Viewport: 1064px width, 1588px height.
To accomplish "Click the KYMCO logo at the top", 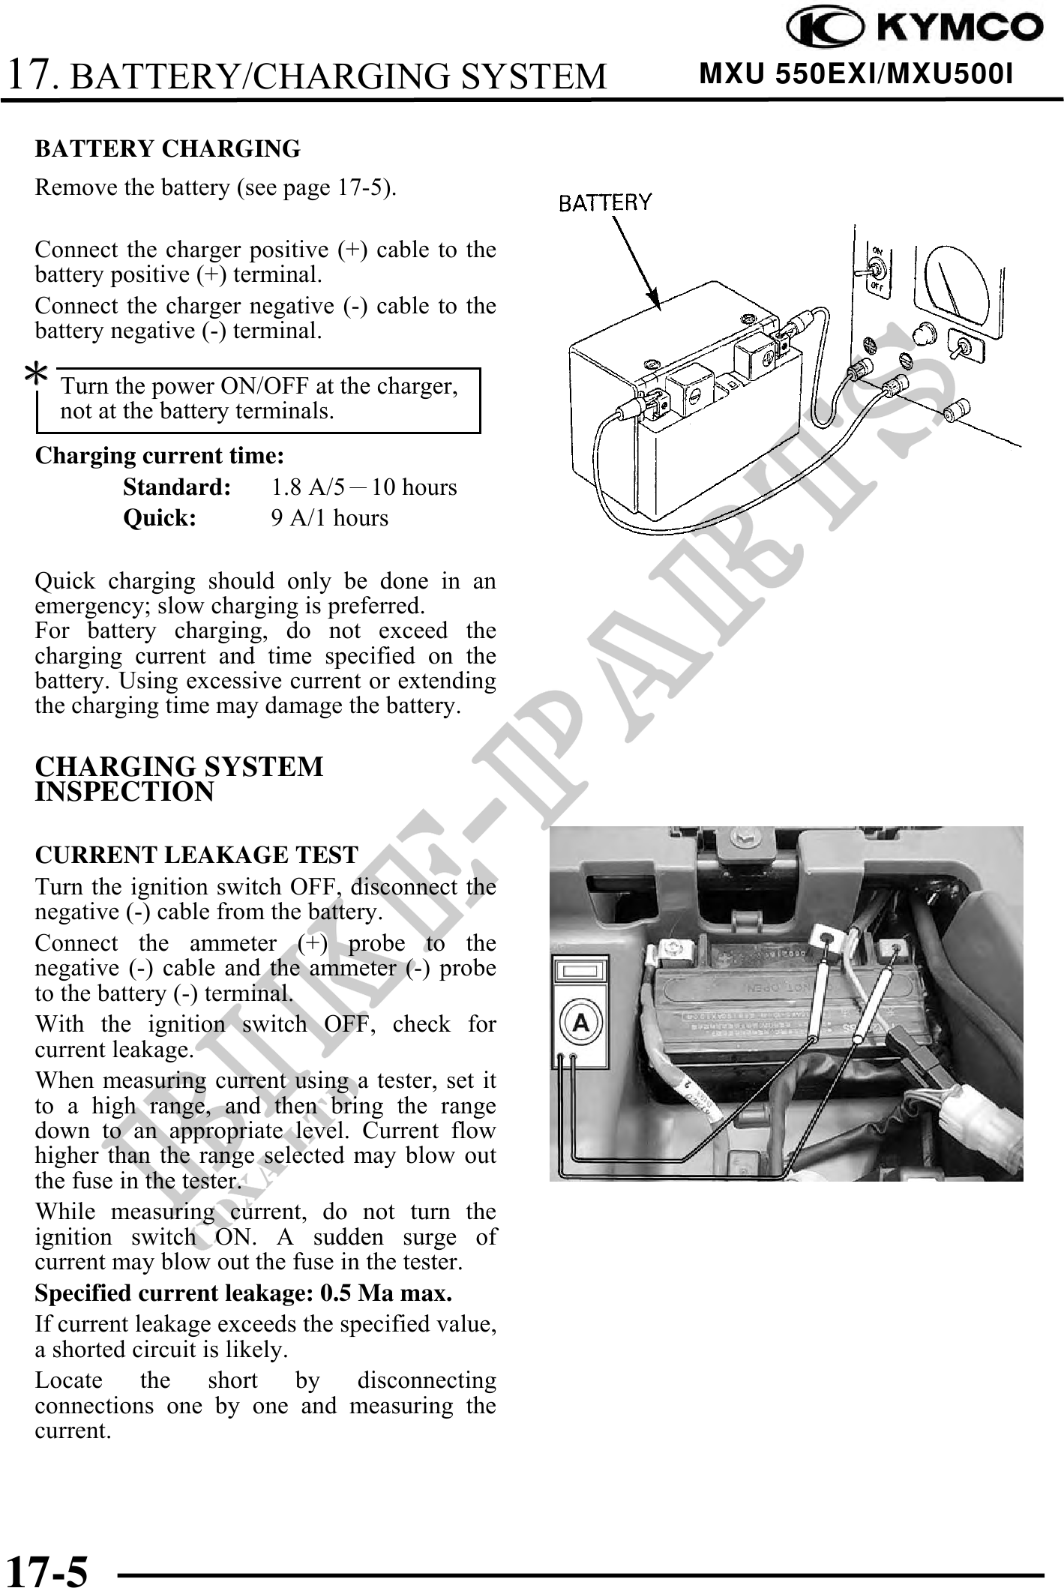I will click(915, 28).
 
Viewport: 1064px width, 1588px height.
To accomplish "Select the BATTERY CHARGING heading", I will click(168, 148).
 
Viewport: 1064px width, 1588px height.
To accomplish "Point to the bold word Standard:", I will click(176, 487).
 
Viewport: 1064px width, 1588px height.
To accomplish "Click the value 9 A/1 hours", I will click(330, 518).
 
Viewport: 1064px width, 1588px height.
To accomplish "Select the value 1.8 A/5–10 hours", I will click(364, 487).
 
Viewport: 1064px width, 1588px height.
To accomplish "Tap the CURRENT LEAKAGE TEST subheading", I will click(196, 855).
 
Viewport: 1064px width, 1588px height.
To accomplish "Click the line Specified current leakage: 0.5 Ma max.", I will click(244, 1293).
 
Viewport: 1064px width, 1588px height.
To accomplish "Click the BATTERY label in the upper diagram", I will click(606, 202).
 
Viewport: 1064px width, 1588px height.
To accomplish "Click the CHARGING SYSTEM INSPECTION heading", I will click(180, 778).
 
